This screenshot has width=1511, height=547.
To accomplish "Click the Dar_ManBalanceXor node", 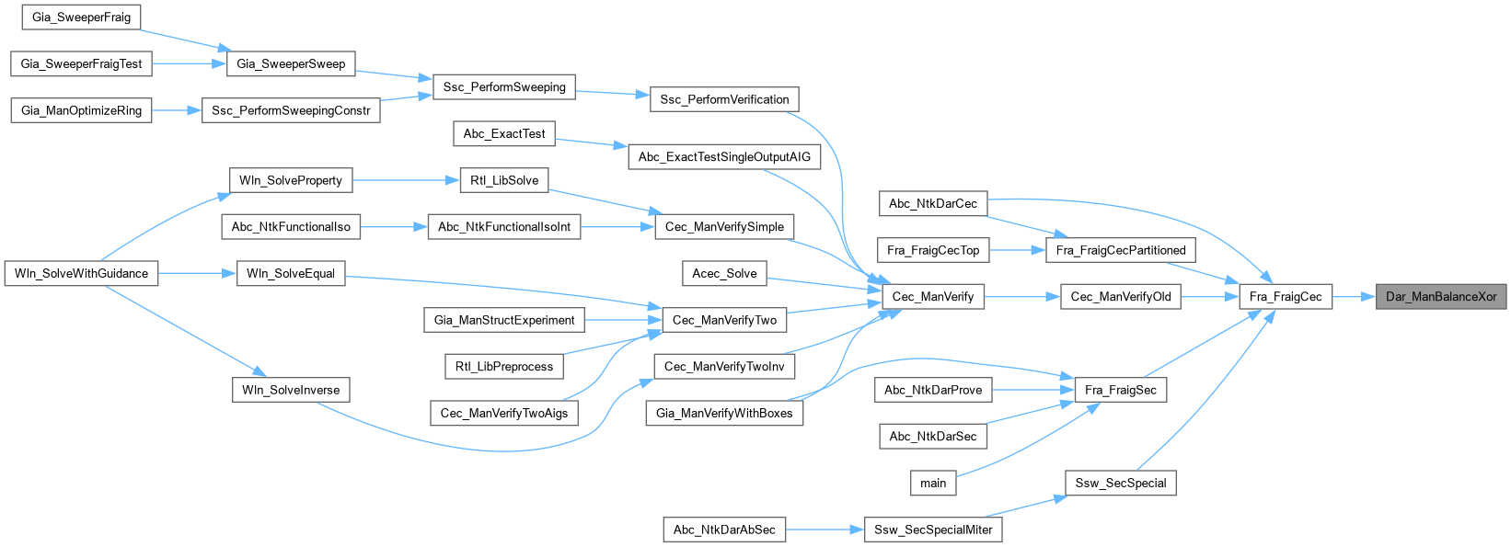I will click(x=1441, y=296).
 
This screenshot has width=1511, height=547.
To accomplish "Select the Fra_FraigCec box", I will click(x=1285, y=296).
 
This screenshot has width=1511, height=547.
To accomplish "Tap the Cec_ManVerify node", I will click(x=933, y=296).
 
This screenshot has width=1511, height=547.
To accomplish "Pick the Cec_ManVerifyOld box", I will click(x=1120, y=296).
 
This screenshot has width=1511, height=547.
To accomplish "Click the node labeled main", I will click(x=933, y=483).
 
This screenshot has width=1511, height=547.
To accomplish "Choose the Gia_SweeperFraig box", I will click(x=81, y=17).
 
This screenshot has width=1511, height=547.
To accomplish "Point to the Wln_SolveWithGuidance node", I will click(x=81, y=273).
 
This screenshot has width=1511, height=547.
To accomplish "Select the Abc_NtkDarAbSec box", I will click(x=724, y=530).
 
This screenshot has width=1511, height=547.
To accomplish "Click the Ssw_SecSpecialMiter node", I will click(x=933, y=530).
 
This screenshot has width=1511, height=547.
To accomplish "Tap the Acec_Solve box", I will click(x=724, y=273).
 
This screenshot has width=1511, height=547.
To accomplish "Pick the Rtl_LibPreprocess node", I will click(x=504, y=366).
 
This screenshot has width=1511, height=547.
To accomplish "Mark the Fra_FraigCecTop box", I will click(x=933, y=250).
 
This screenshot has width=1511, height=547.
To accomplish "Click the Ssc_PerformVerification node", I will click(x=724, y=99).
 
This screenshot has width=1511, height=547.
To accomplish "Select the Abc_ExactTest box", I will click(x=504, y=133).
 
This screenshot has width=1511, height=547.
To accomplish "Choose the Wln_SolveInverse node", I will click(x=291, y=390).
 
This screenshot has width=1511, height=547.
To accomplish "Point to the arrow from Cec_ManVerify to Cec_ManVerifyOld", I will click(x=1022, y=296).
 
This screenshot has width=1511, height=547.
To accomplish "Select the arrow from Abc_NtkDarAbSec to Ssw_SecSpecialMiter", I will click(x=825, y=530).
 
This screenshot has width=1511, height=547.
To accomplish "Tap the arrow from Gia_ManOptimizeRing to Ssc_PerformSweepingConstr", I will click(x=176, y=110).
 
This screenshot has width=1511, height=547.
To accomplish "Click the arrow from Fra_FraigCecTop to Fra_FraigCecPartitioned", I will click(x=1017, y=250).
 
